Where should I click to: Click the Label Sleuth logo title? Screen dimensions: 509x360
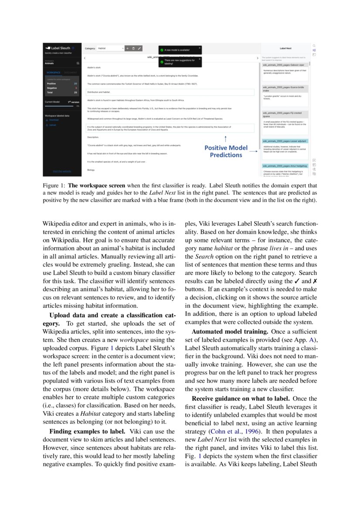60,48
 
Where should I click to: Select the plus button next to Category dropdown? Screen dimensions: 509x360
127,48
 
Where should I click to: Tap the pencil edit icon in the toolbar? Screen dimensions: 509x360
139,48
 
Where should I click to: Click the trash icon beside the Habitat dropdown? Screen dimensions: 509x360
133,48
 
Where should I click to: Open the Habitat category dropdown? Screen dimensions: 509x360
111,48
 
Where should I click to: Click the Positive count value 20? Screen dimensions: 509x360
76,83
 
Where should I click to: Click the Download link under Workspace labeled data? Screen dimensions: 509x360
54,120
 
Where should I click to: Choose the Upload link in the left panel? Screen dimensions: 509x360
53,125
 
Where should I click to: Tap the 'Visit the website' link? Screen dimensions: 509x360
62,171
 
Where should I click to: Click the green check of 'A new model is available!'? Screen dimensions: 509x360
161,50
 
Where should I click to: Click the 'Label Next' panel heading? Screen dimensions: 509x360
286,48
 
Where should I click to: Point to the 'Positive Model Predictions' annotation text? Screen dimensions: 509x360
226,151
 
